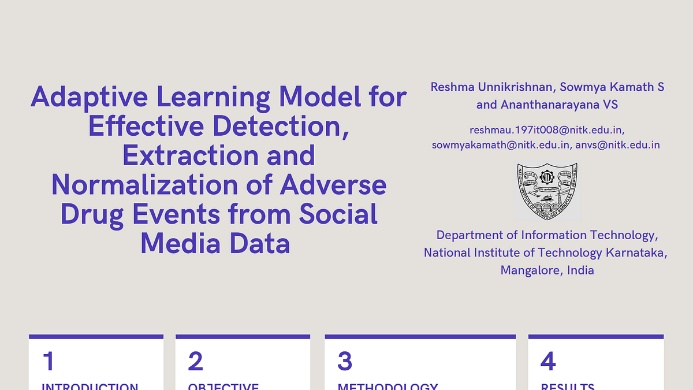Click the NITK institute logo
547,191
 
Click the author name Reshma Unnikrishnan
490,87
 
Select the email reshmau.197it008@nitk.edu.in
546,131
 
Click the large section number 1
49,361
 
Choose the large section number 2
196,361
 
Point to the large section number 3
345,361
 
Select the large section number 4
548,361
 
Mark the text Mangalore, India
547,270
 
